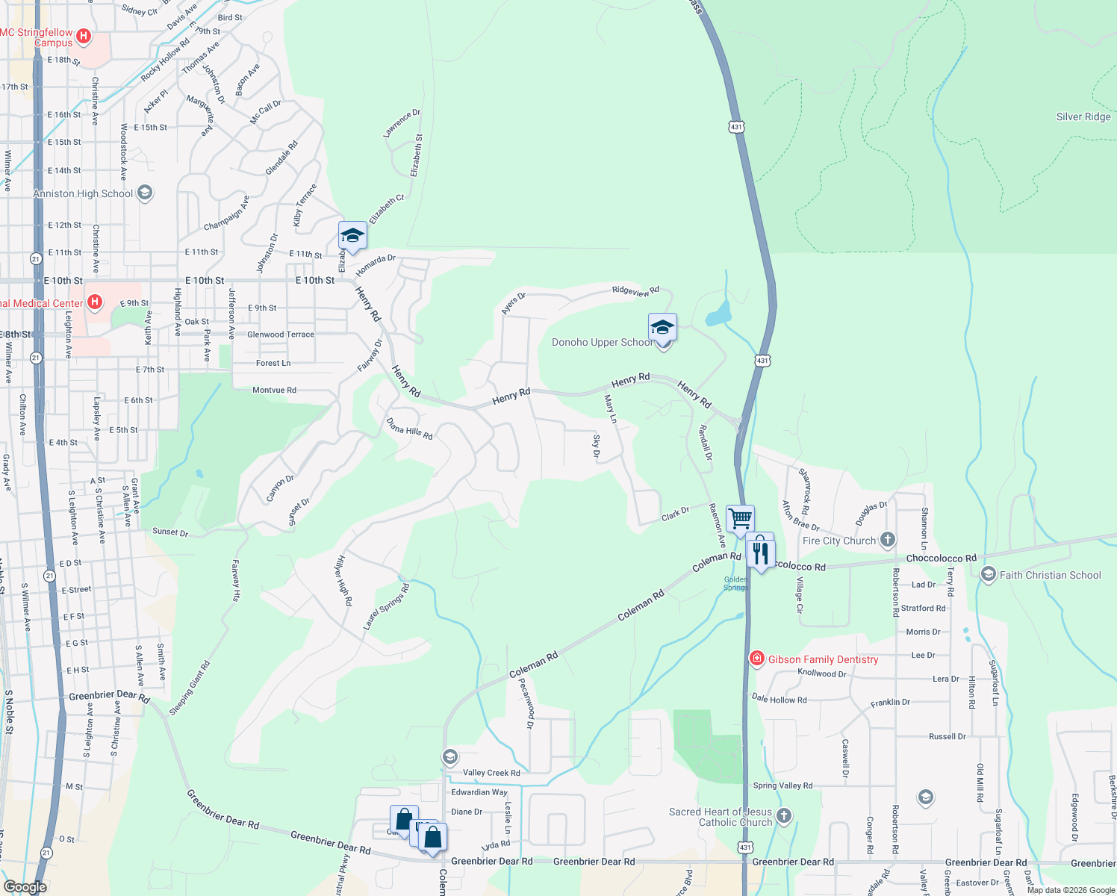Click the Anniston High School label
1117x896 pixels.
[x=83, y=194]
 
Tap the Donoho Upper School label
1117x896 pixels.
[x=601, y=343]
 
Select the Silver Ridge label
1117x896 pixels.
[x=1083, y=117]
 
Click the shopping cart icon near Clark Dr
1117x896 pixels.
[x=740, y=517]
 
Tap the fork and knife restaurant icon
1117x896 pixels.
[x=760, y=553]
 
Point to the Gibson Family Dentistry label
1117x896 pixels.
[x=823, y=659]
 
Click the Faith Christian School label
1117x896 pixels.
[x=1050, y=575]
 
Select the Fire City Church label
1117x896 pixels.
[x=838, y=541]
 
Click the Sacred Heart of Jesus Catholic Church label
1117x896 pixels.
[x=721, y=817]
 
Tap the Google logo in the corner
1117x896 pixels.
[x=25, y=886]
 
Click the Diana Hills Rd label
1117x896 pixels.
[x=410, y=429]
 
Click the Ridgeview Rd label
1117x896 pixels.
[x=635, y=291]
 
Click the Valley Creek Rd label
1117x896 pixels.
[x=491, y=773]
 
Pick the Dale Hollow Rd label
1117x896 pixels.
[x=779, y=699]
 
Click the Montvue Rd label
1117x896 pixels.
[x=274, y=390]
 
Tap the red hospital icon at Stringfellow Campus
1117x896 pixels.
[x=84, y=36]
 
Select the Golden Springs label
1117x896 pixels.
[x=735, y=583]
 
